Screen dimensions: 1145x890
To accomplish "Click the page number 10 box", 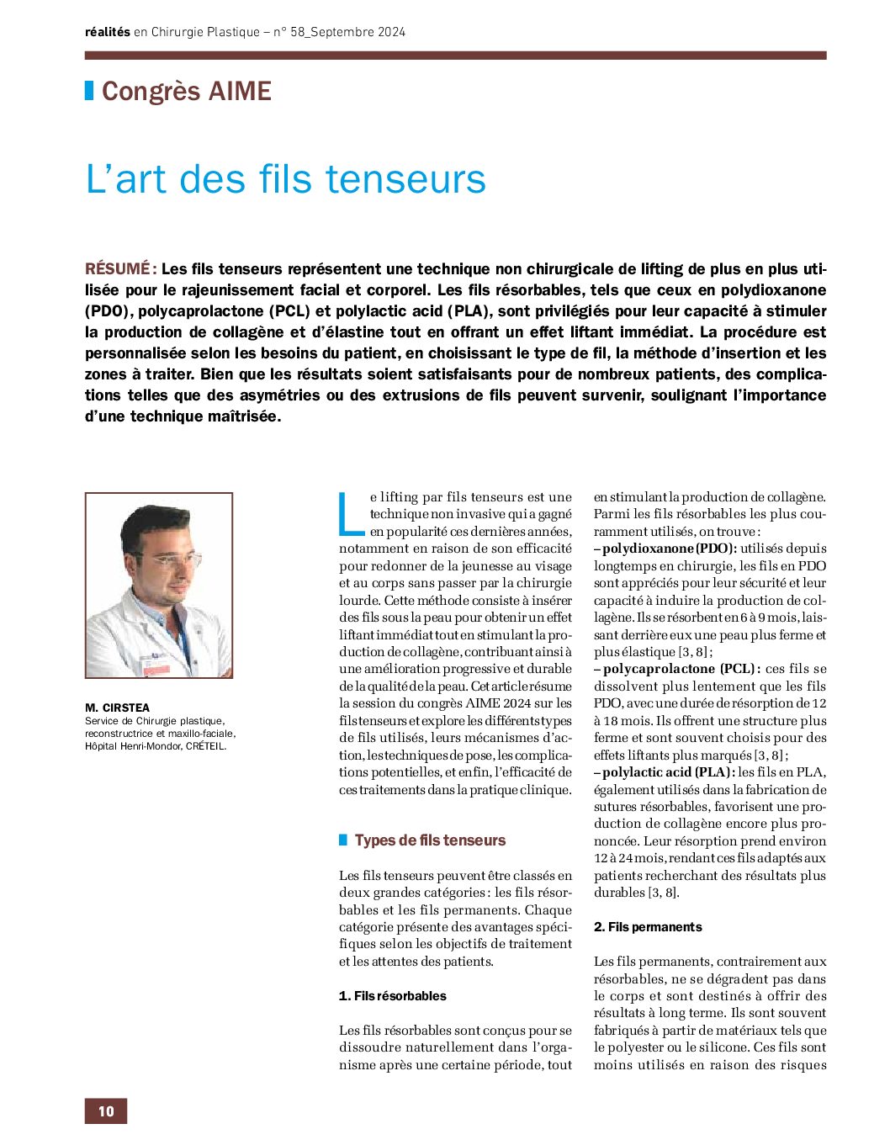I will pyautogui.click(x=105, y=1111).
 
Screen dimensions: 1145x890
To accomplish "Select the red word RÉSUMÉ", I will pyautogui.click(x=118, y=269).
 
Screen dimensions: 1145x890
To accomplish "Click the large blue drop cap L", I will pyautogui.click(x=351, y=515).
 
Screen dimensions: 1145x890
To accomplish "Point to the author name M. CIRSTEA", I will pyautogui.click(x=117, y=708).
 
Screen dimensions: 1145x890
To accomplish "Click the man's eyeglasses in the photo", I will pyautogui.click(x=173, y=557).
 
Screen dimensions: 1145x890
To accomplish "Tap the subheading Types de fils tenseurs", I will pyautogui.click(x=430, y=840).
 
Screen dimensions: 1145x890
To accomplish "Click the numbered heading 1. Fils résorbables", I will pyautogui.click(x=393, y=996).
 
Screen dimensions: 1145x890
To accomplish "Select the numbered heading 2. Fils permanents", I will pyautogui.click(x=648, y=927).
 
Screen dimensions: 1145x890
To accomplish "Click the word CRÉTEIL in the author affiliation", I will pyautogui.click(x=205, y=745).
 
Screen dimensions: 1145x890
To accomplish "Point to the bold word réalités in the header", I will pyautogui.click(x=108, y=32).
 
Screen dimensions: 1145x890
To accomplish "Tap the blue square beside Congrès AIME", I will pyautogui.click(x=89, y=90).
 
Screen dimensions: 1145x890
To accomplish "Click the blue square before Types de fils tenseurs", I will pyautogui.click(x=343, y=840).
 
